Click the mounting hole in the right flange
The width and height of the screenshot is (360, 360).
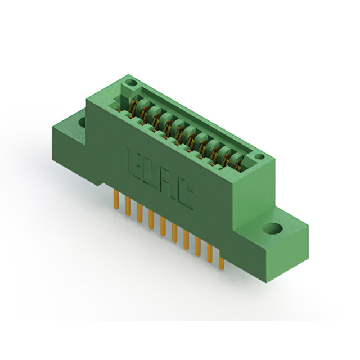click(274, 229)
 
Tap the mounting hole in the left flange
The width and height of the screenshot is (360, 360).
click(82, 121)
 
